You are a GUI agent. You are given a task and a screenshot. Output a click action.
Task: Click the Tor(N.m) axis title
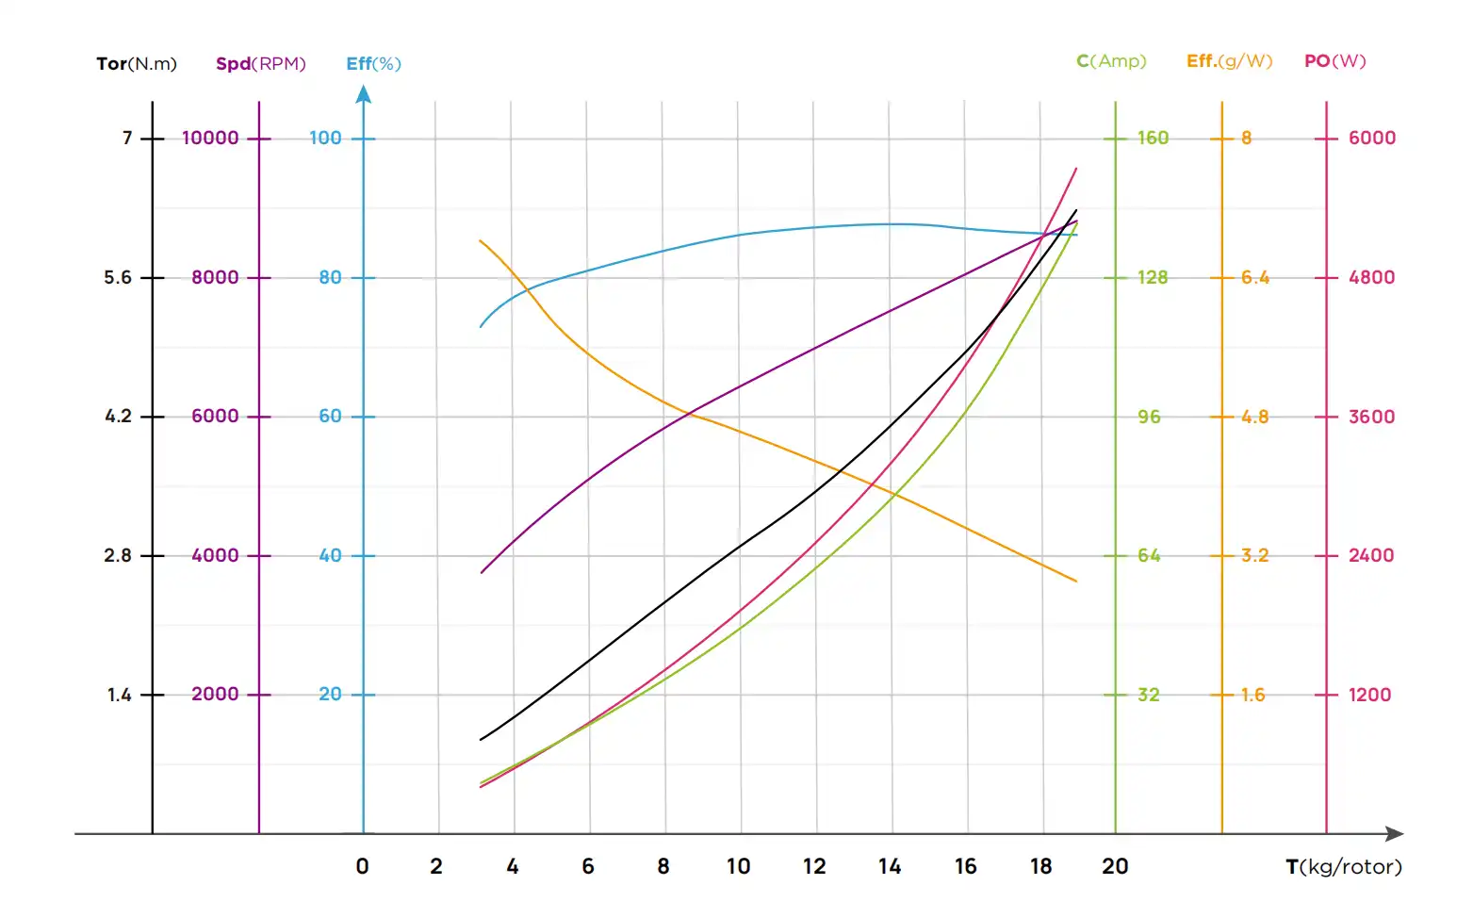[x=137, y=64]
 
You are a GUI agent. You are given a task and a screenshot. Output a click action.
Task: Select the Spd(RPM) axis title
[x=260, y=64]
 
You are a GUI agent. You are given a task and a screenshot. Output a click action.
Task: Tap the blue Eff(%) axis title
[x=373, y=64]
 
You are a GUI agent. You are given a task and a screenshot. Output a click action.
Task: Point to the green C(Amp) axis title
[x=1111, y=61]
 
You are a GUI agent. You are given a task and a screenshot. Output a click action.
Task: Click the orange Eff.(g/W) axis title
[x=1229, y=61]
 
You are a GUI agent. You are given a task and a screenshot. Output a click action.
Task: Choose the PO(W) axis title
[x=1334, y=61]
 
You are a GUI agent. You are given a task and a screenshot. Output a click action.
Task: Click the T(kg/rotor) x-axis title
[x=1343, y=867]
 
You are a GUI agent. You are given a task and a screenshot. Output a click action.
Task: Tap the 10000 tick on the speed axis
[x=210, y=139]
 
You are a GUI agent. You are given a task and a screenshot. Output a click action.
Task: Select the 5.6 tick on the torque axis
[x=118, y=278]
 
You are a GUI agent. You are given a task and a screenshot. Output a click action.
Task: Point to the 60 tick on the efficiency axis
[x=330, y=417]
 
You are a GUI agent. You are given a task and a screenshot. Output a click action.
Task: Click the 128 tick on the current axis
[x=1152, y=278]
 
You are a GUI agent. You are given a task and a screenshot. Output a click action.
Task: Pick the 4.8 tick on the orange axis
[x=1253, y=417]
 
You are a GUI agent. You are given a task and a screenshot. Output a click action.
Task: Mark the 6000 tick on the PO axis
[x=1371, y=139]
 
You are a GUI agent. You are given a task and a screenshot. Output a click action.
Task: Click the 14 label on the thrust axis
[x=890, y=867]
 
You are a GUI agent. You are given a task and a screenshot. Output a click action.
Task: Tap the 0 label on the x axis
[x=362, y=867]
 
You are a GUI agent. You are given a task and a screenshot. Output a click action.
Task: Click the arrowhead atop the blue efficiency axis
[x=363, y=93]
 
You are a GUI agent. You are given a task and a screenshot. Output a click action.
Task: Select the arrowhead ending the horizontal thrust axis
[x=1396, y=834]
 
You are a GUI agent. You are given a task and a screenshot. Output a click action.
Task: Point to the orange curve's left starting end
[x=481, y=241]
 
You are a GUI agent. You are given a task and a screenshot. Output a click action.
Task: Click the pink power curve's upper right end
[x=1075, y=170]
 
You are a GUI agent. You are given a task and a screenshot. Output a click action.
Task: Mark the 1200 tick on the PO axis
[x=1369, y=696]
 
